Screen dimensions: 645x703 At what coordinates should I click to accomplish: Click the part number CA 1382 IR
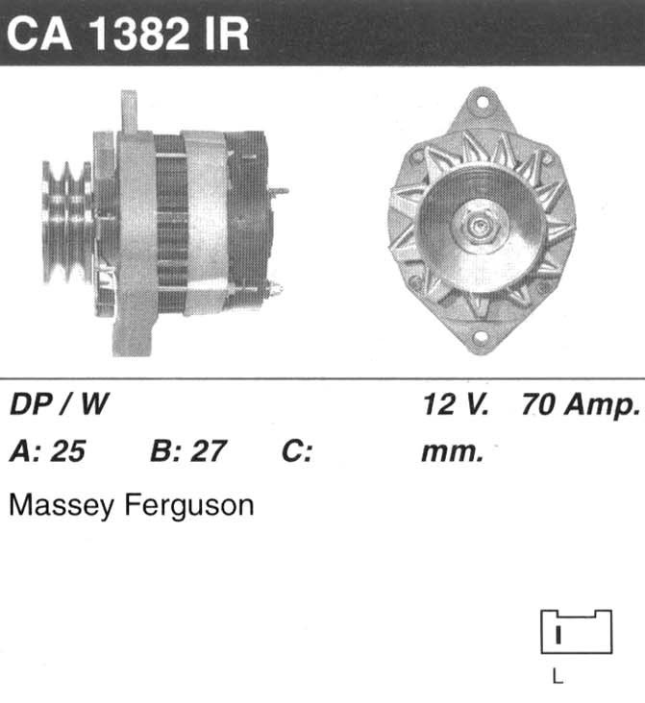[x=128, y=35]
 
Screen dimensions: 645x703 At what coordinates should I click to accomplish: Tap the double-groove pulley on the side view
[x=67, y=223]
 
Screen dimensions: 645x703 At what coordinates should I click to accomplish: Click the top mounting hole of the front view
[x=482, y=103]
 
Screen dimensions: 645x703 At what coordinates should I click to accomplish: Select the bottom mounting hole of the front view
[x=480, y=337]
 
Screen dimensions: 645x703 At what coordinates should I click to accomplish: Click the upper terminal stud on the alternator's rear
[x=279, y=191]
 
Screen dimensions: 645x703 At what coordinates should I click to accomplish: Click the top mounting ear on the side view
[x=129, y=111]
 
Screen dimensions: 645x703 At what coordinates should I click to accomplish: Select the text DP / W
[x=60, y=404]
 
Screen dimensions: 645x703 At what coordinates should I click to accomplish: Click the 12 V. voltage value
[x=455, y=404]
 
